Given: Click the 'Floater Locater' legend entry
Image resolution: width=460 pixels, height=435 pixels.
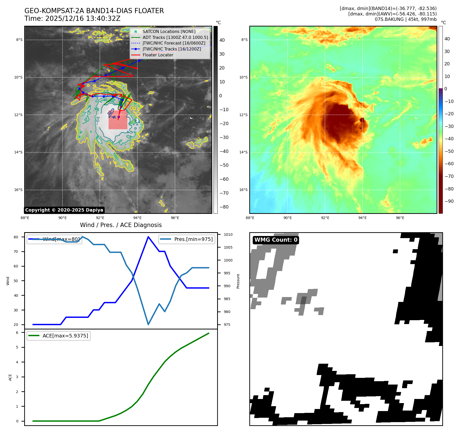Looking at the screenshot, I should [x=158, y=55].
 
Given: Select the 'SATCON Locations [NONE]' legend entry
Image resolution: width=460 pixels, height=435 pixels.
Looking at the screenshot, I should [x=169, y=31].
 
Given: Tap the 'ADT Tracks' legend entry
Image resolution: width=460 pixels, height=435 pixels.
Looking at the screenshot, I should [x=175, y=37].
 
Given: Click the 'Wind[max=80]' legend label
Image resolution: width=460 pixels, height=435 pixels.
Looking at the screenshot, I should [x=61, y=239].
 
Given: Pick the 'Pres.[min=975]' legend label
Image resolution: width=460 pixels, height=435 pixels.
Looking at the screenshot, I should [x=193, y=239].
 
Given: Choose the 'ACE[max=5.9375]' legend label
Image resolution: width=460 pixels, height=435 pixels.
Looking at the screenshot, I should [x=65, y=336].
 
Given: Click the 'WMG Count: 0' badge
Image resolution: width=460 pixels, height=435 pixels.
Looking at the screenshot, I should [x=276, y=240].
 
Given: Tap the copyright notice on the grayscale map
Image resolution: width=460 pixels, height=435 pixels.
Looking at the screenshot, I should [x=64, y=210].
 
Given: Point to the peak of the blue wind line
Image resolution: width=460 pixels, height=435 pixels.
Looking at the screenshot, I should [x=148, y=237].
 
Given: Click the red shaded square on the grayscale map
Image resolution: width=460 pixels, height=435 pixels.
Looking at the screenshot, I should [x=118, y=120].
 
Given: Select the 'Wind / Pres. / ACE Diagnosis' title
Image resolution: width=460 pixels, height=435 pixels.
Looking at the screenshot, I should [x=121, y=225].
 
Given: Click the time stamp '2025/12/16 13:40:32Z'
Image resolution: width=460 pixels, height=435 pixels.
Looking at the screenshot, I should [x=83, y=19].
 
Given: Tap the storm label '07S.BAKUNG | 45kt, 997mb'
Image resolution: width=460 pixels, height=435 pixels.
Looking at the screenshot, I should [x=405, y=19].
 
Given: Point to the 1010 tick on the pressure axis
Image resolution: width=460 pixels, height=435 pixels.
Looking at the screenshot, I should [x=228, y=234].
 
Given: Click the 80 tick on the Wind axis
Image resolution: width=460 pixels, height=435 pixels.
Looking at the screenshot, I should [x=16, y=237].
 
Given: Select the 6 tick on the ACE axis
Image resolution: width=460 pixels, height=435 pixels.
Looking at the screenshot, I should [x=17, y=333].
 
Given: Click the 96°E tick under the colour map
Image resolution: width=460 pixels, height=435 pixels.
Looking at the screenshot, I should [x=400, y=218].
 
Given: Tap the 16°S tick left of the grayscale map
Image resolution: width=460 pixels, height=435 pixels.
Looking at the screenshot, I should [x=18, y=190].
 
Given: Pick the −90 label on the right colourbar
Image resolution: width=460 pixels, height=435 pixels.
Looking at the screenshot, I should [x=449, y=201].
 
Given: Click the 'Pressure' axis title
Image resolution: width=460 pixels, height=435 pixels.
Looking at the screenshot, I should [x=238, y=281].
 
